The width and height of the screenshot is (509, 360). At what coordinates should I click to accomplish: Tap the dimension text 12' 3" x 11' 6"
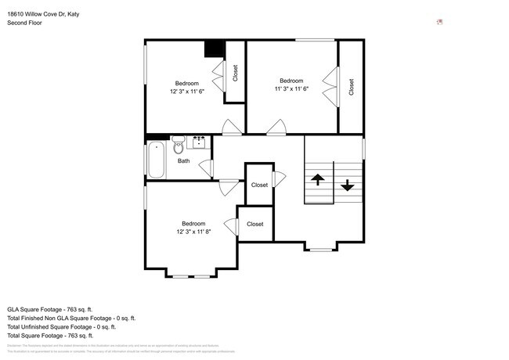click(186, 92)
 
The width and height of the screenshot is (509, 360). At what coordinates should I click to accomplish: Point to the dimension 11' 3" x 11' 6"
click(291, 88)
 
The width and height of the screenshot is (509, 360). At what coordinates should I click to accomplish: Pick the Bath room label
click(183, 161)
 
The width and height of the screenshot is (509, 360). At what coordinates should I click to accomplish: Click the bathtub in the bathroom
click(157, 159)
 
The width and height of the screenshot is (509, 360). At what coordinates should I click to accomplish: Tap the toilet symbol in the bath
click(179, 144)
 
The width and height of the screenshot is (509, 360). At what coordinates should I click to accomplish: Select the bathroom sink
click(199, 142)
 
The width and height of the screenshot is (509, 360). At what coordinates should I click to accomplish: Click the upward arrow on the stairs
click(318, 180)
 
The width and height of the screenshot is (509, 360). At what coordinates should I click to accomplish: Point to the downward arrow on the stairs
click(347, 186)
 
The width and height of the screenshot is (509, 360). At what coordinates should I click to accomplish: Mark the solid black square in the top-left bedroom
click(215, 49)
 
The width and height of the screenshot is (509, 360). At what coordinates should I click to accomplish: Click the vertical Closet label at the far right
click(352, 87)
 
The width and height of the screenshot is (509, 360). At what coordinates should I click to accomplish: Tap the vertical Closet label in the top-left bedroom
click(235, 73)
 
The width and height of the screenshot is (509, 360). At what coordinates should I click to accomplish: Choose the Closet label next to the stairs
click(259, 185)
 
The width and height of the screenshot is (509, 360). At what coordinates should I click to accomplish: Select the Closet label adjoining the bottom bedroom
click(255, 224)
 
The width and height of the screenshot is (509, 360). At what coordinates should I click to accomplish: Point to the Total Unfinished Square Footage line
click(69, 327)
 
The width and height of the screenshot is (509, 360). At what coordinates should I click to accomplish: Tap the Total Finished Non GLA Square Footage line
click(72, 319)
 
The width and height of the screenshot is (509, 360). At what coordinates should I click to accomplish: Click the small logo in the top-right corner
click(441, 23)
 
